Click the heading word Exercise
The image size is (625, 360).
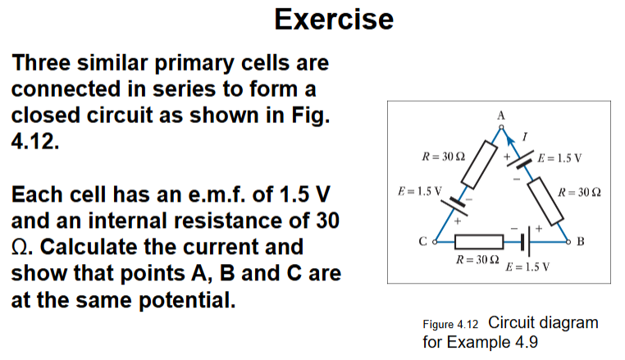[x=333, y=18]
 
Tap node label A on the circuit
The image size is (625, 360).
[x=500, y=116]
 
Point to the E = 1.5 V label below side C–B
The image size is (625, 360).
[x=527, y=267]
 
